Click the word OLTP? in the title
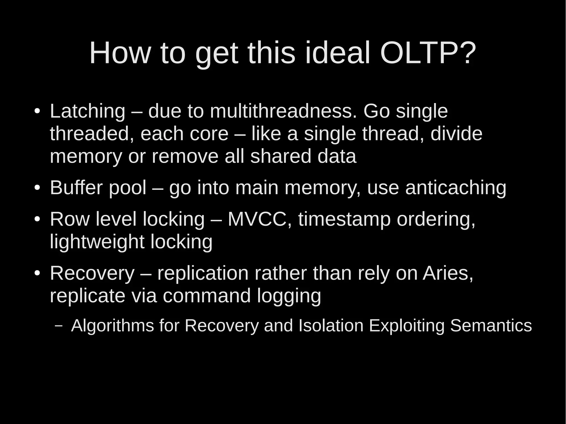pos(428,53)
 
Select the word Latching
pos(88,111)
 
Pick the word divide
pos(456,134)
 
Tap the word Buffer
pos(76,188)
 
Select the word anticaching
pos(456,188)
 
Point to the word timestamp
pos(344,220)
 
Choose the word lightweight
pos(97,242)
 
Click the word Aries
pos(448,273)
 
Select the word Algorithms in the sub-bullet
pos(112,326)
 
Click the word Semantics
pos(491,326)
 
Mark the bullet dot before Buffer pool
pos(37,188)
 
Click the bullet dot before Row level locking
pos(37,220)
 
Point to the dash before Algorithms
pos(58,325)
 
